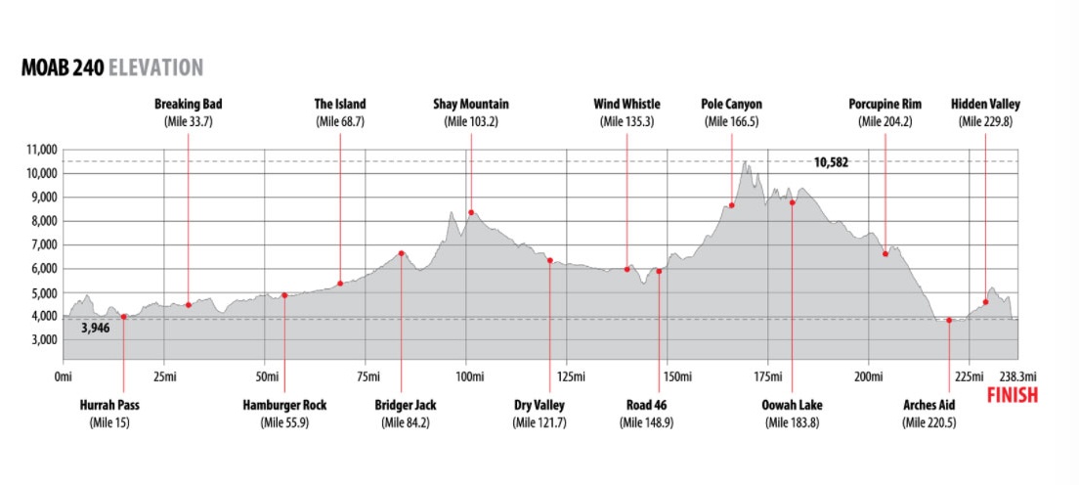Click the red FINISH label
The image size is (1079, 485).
click(1013, 396)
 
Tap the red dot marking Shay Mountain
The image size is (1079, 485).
click(471, 212)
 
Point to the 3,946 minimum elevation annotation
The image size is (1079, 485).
click(95, 329)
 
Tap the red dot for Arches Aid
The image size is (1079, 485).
click(949, 320)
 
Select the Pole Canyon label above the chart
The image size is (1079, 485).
click(731, 104)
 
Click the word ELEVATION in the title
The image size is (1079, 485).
click(156, 67)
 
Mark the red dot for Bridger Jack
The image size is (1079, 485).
click(402, 253)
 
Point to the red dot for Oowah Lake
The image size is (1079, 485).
click(792, 202)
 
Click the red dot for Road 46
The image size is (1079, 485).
click(659, 271)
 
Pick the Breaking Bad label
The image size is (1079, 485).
click(187, 104)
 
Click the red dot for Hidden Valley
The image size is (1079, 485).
click(985, 302)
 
